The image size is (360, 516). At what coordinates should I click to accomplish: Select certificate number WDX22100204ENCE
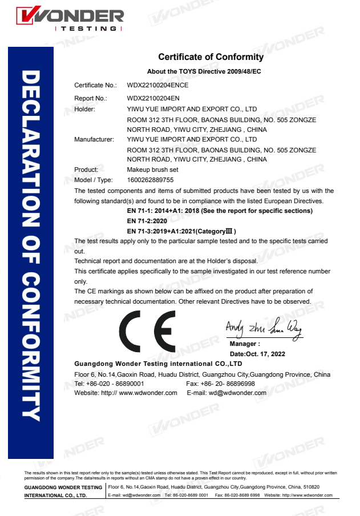coord(157,85)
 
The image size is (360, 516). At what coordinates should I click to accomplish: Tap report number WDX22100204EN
coord(153,98)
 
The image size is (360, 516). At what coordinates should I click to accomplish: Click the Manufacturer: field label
coord(94,139)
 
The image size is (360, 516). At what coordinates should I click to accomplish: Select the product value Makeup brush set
coord(152,170)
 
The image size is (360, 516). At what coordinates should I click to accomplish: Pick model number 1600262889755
coord(150,180)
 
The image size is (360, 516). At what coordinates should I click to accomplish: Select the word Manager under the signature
coord(244,344)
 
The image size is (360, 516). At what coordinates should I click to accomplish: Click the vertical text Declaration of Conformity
coord(31,245)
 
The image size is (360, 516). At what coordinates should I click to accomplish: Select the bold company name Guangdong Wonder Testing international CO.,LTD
coord(159,364)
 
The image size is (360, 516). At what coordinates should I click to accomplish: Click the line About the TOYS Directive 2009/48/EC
coord(204,71)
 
